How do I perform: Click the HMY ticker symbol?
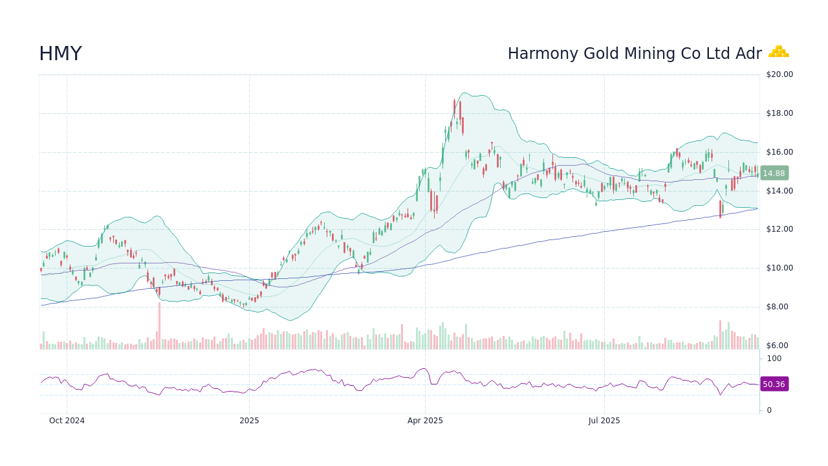click(60, 54)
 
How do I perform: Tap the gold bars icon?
click(778, 52)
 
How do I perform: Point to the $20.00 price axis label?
click(779, 74)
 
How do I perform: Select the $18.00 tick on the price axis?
click(779, 113)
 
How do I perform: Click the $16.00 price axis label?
click(779, 152)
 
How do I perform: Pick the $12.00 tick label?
click(779, 229)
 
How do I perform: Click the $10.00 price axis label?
click(779, 268)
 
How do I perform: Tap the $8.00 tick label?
click(779, 307)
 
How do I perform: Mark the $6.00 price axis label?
click(779, 346)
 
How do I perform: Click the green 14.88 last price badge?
click(773, 173)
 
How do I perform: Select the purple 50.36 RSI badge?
click(774, 384)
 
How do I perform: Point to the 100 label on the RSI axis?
click(774, 359)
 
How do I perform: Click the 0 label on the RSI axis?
click(769, 410)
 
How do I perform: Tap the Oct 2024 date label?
click(67, 421)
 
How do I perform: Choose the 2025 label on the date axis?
click(249, 421)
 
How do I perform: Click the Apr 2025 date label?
click(425, 421)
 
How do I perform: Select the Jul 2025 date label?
click(604, 421)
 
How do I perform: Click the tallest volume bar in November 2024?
click(159, 326)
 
